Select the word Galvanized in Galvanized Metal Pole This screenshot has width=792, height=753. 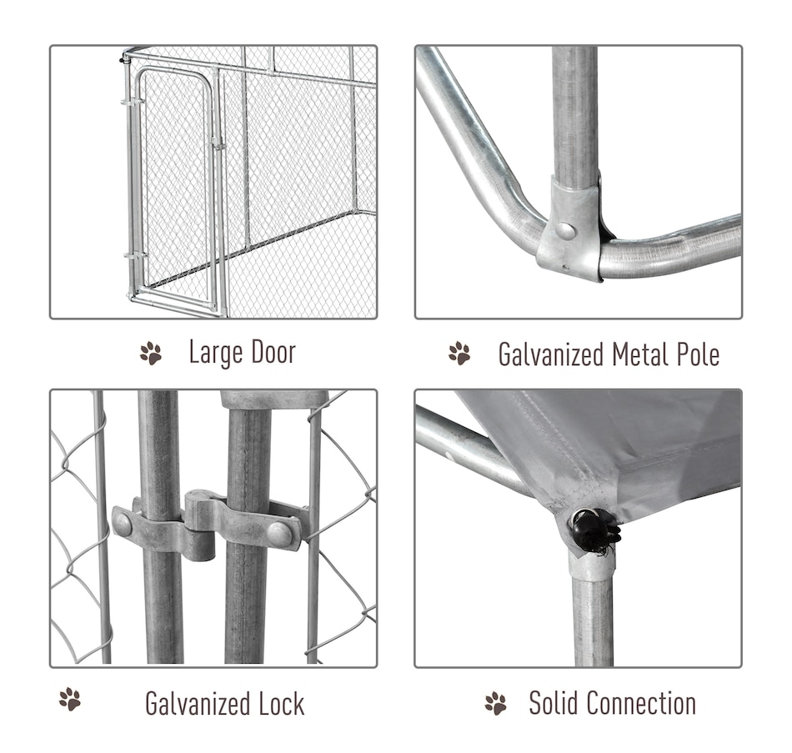tap(551, 354)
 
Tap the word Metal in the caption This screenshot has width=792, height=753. tap(640, 354)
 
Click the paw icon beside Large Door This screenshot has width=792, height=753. tap(151, 354)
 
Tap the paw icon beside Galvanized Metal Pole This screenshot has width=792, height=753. tap(459, 354)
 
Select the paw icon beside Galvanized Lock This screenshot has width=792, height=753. tap(70, 699)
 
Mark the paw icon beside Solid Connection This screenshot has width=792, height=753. tap(495, 703)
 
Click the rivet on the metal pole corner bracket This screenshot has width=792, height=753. tap(565, 231)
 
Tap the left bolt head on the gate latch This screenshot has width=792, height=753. tap(123, 525)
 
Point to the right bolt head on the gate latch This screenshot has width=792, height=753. tap(279, 535)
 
